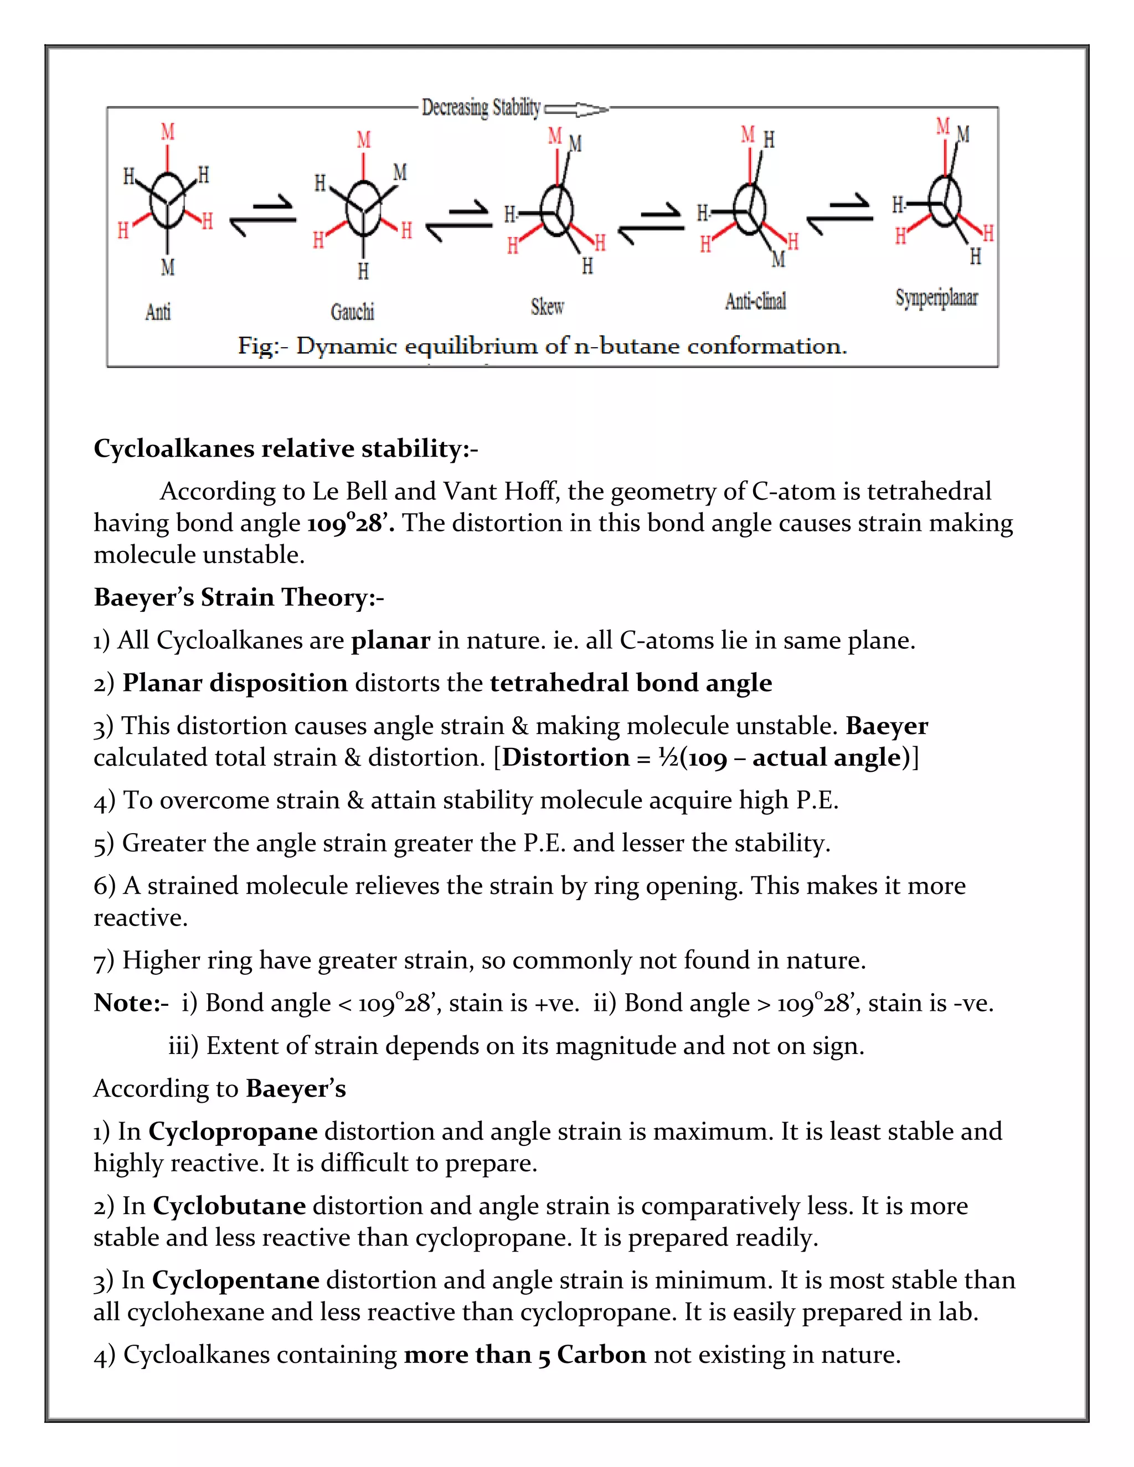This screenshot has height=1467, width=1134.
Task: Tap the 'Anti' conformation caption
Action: pos(158,312)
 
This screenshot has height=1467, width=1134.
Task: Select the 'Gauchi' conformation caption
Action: pos(352,312)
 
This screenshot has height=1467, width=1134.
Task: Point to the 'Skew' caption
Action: pos(548,307)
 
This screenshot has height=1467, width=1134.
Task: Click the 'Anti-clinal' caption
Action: pos(755,301)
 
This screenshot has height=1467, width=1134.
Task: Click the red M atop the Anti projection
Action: pos(167,131)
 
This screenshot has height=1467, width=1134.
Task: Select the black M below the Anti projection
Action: pos(167,267)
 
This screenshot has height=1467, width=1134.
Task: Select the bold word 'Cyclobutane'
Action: pos(229,1206)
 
